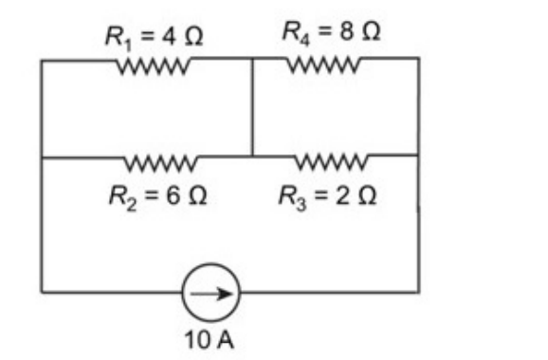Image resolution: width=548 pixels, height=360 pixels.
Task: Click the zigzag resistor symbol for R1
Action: tap(154, 65)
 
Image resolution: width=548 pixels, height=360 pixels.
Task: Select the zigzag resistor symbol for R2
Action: tap(161, 163)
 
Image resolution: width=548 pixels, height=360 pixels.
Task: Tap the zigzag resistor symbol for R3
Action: tap(331, 161)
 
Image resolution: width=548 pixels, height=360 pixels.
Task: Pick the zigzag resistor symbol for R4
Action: tap(323, 64)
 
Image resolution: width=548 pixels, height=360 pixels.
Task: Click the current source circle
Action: tap(211, 264)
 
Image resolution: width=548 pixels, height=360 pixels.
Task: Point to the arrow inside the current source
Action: tap(211, 294)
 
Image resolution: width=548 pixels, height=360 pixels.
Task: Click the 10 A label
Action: tap(209, 340)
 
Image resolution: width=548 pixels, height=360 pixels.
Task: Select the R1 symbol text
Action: tap(119, 38)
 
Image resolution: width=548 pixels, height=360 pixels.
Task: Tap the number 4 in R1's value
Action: tap(169, 36)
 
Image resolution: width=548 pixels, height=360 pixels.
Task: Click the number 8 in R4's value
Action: tap(346, 31)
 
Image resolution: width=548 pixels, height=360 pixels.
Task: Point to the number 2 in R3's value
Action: tap(342, 195)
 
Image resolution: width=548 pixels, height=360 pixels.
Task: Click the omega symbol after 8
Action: tap(371, 31)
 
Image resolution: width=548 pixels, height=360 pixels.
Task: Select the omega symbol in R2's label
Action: tap(197, 195)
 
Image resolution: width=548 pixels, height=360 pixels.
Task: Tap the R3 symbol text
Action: tap(292, 198)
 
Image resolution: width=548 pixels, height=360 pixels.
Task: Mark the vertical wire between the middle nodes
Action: tap(252, 107)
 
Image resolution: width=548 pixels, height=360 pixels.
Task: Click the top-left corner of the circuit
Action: tap(42, 61)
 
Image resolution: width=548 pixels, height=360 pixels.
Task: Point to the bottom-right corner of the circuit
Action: tap(419, 292)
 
